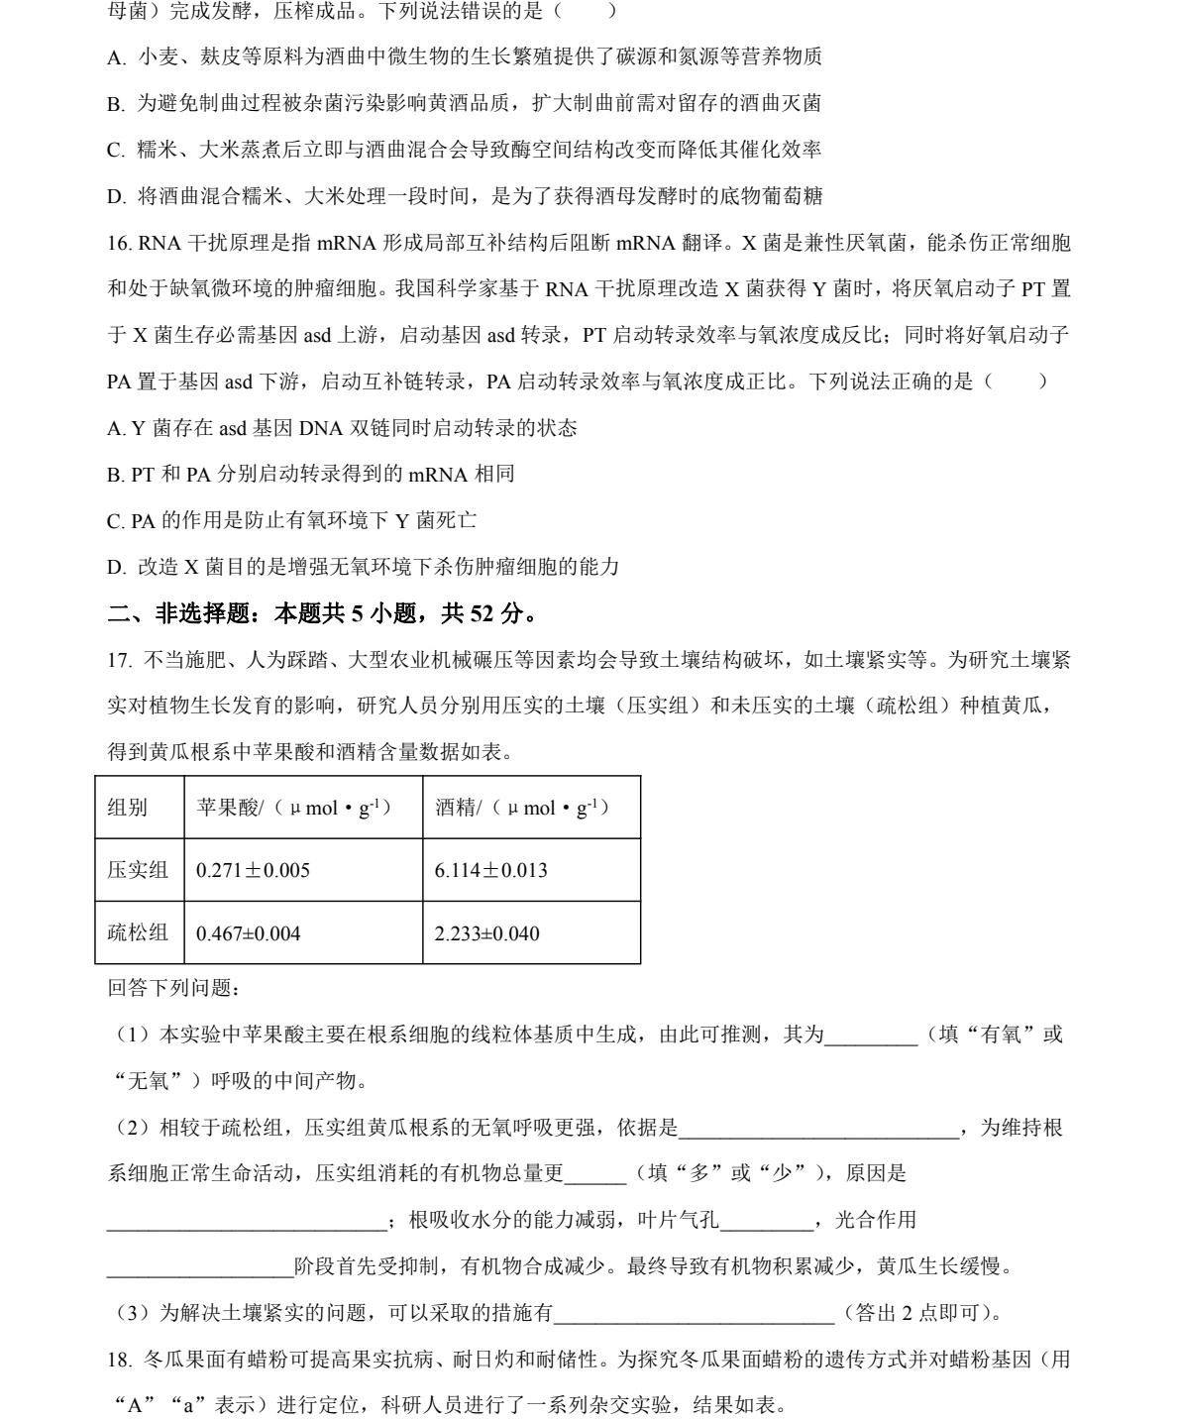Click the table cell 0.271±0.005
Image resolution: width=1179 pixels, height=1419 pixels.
pos(254,871)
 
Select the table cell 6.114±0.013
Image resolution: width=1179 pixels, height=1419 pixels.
pos(490,871)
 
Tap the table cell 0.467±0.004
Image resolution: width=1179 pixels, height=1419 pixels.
pos(249,933)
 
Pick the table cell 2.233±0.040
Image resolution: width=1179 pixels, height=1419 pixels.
pos(486,933)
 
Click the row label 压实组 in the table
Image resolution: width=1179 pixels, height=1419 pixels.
pos(138,870)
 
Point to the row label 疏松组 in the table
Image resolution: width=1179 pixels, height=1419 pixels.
pos(138,932)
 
